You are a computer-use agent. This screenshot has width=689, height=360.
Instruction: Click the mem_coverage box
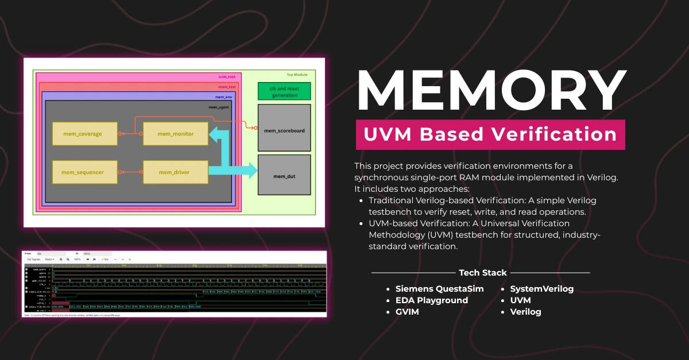pyautogui.click(x=85, y=134)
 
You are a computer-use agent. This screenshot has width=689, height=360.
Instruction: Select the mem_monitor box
pyautogui.click(x=176, y=134)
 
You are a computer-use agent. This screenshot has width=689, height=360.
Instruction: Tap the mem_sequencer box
pyautogui.click(x=85, y=172)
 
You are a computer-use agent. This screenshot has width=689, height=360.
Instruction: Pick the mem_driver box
pyautogui.click(x=175, y=172)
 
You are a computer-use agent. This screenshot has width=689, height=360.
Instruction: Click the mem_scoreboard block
pyautogui.click(x=284, y=130)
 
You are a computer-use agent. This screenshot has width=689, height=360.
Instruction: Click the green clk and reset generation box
pyautogui.click(x=284, y=91)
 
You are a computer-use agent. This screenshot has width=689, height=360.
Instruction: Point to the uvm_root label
pyautogui.click(x=227, y=76)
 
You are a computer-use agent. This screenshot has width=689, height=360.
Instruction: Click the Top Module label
pyautogui.click(x=297, y=75)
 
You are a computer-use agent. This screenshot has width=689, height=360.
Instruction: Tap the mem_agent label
pyautogui.click(x=219, y=107)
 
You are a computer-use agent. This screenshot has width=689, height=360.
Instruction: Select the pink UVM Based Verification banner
pyautogui.click(x=490, y=134)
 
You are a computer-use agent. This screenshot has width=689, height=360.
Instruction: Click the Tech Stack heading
pyautogui.click(x=483, y=273)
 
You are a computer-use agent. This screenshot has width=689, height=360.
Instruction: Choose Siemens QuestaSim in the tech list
pyautogui.click(x=439, y=289)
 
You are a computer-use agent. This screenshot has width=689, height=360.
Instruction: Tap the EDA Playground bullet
pyautogui.click(x=431, y=300)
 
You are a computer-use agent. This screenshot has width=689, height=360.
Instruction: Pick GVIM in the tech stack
pyautogui.click(x=408, y=312)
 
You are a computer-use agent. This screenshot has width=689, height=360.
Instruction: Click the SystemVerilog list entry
pyautogui.click(x=541, y=289)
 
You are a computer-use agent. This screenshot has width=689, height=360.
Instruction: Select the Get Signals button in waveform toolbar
pyautogui.click(x=33, y=260)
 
